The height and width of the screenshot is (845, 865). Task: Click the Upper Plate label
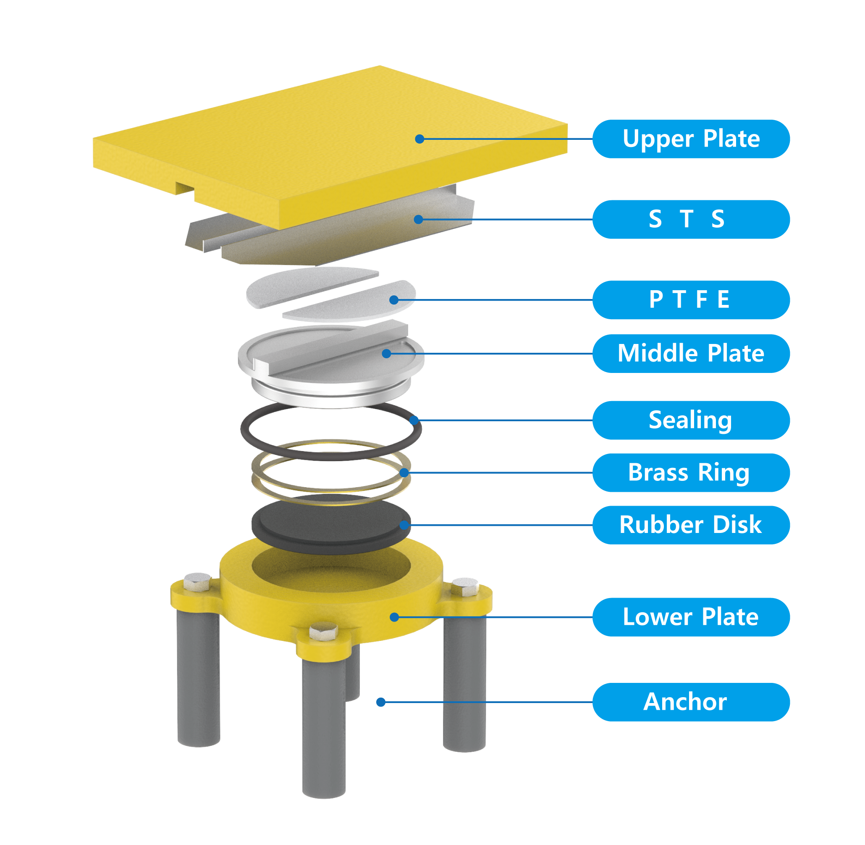point(690,139)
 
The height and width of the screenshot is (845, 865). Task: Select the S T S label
point(690,219)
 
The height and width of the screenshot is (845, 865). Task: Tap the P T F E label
point(690,299)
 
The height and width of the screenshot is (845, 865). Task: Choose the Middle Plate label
point(690,353)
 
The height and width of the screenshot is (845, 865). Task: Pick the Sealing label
point(690,420)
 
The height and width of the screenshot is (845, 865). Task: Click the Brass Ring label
point(690,472)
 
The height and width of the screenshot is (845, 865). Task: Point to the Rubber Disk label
point(690,525)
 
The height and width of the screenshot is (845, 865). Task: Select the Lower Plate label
point(690,617)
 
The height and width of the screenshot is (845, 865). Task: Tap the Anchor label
point(690,702)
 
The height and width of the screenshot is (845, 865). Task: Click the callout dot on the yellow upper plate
point(419,139)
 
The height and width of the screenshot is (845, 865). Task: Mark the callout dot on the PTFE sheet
point(393,300)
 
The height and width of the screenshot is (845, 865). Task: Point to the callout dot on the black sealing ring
point(414,420)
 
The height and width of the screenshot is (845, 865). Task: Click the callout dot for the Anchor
point(380,702)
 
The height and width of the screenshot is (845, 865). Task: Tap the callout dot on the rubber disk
point(404,525)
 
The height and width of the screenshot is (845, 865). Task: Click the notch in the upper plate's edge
point(185,188)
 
